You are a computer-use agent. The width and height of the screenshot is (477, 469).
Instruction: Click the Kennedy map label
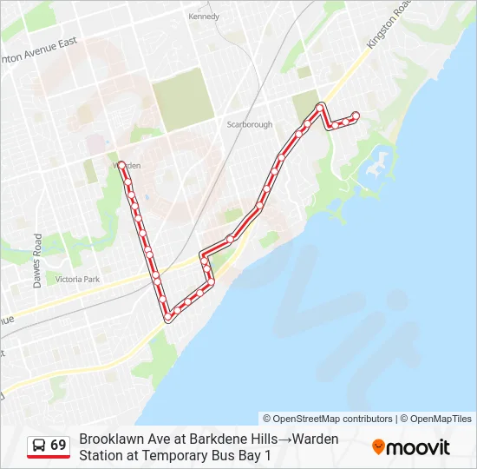(204, 16)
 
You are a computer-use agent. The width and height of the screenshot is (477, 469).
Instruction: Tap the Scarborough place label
(250, 124)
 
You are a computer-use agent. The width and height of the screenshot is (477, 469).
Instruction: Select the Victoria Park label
(78, 279)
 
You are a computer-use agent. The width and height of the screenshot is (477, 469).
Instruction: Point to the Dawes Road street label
(37, 261)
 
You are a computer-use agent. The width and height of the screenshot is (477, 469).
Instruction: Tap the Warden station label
(127, 165)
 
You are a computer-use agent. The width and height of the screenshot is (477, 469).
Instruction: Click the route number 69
(58, 446)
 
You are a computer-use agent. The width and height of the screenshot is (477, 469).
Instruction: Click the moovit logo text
(418, 447)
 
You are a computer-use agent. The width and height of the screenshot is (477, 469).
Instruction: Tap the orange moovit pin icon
(378, 447)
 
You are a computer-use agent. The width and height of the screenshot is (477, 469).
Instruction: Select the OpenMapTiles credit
(441, 419)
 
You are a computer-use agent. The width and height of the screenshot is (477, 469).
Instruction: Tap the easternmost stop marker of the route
(356, 116)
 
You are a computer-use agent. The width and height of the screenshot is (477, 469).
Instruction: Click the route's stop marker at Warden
(121, 162)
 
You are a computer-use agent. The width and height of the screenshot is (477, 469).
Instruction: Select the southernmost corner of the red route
(168, 318)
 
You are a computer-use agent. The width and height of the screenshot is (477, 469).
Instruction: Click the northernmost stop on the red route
(320, 107)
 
